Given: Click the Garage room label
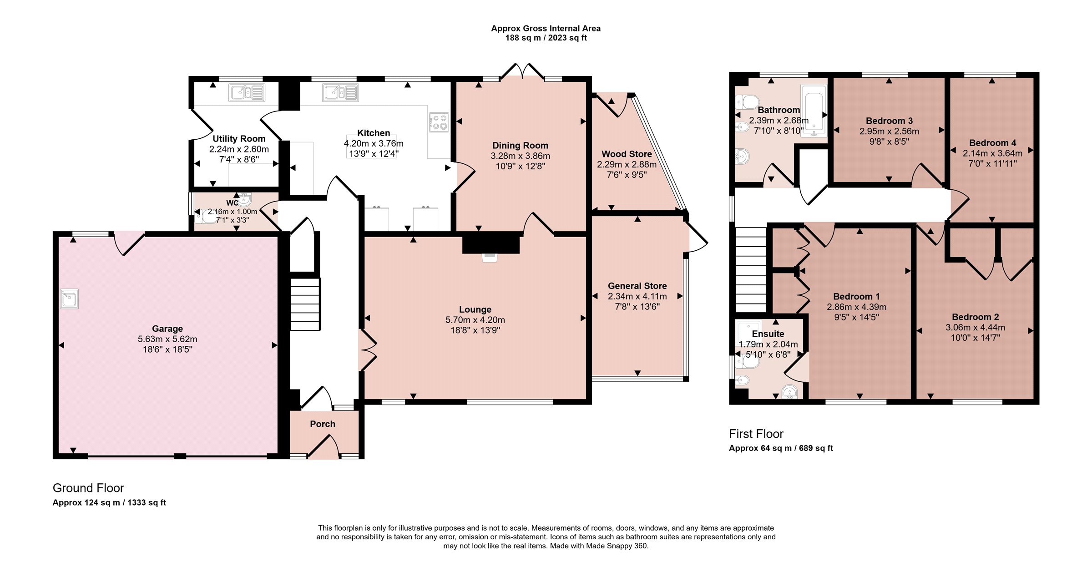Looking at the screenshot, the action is (167, 329).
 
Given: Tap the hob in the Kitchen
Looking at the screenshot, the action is (439, 122).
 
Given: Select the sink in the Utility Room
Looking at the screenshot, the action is (247, 93).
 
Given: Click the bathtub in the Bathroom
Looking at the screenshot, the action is (814, 111).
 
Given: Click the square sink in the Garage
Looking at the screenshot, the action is (70, 299).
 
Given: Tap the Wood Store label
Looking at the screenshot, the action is (627, 154).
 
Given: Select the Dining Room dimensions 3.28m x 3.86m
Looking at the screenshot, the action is (520, 156).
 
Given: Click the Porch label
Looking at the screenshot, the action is (323, 424).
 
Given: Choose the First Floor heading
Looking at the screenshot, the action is (756, 434).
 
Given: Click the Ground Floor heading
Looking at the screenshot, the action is (88, 488).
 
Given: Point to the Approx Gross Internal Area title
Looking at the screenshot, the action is (546, 28).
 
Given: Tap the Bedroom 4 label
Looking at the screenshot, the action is (992, 143).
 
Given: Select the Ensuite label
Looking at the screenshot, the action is (768, 334).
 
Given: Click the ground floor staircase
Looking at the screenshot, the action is (305, 304).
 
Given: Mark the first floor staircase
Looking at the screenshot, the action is (751, 269).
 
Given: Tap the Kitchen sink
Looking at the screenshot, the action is (340, 93).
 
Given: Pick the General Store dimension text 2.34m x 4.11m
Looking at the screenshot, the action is (637, 296).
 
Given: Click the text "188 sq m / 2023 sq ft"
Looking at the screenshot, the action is (546, 38).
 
